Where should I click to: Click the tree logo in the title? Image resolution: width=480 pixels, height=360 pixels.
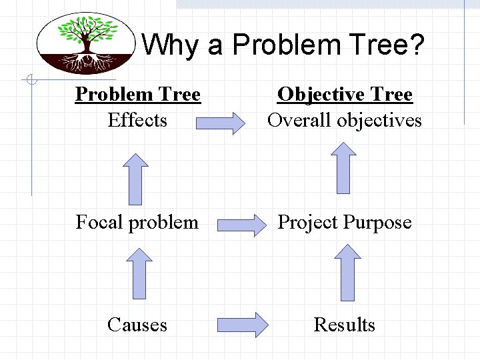coord(86,43)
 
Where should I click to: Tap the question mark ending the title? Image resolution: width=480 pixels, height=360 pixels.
coord(416,45)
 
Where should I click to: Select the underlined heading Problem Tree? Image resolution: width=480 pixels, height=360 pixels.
coord(137,95)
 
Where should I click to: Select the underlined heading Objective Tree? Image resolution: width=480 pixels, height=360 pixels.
coord(345,95)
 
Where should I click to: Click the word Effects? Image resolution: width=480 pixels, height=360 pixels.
coord(137,121)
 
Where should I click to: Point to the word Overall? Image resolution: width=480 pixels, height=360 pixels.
coord(299,121)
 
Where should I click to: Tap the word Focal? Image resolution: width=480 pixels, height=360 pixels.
coord(100,222)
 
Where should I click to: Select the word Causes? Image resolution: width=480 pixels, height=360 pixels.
coord(137,325)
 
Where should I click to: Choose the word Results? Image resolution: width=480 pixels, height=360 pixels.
coord(345,325)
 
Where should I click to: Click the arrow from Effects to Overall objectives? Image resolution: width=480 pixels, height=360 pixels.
coord(221,124)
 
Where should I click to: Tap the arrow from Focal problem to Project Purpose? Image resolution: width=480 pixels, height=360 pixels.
coord(241,225)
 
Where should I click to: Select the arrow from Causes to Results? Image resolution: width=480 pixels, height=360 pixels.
coord(243,325)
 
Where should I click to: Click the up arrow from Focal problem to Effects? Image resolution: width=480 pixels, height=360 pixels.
coord(136,178)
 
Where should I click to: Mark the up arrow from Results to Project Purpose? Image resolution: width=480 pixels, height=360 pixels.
coord(347,271)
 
